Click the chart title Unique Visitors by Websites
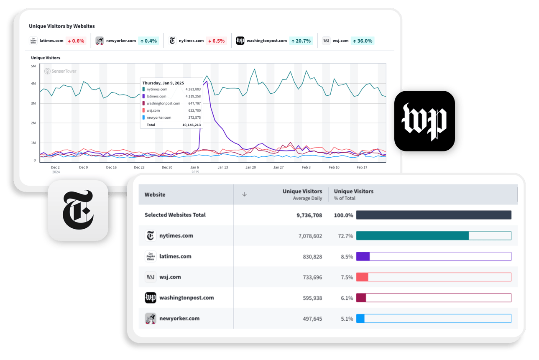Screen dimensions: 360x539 click(62, 26)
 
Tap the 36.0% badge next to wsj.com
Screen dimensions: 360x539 click(362, 41)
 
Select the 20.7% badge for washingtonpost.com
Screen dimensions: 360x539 click(301, 41)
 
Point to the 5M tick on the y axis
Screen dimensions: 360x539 click(33, 66)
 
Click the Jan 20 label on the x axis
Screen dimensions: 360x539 click(250, 167)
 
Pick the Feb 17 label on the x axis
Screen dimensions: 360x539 click(362, 167)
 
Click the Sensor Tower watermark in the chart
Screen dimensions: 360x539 click(61, 71)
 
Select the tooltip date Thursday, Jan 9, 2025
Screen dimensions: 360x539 click(163, 83)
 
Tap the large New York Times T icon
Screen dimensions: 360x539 click(78, 210)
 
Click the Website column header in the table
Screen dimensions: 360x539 click(155, 194)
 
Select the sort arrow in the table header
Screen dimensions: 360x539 click(245, 194)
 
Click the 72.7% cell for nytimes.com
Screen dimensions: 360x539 click(345, 236)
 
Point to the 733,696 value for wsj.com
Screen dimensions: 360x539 click(312, 277)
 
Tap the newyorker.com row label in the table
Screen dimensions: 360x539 click(179, 319)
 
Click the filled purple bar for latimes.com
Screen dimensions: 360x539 click(363, 256)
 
